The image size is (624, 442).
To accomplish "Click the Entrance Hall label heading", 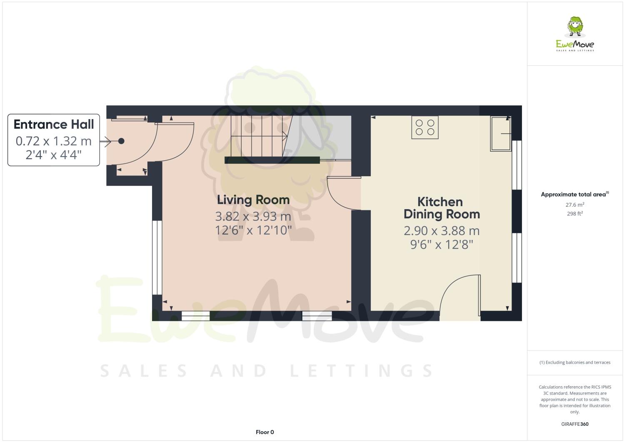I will (x=54, y=124).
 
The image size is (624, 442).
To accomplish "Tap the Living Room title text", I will (x=253, y=200).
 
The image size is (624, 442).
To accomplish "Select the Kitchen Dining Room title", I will (x=441, y=208).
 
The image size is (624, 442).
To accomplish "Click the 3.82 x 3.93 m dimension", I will (x=253, y=217).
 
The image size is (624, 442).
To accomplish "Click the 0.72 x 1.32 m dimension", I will (x=53, y=141).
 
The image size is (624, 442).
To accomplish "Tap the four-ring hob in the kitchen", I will (x=425, y=127).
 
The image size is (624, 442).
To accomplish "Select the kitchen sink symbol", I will (x=501, y=133).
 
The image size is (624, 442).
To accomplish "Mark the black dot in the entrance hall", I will (x=121, y=141).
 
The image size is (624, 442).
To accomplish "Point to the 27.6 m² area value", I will (x=575, y=205).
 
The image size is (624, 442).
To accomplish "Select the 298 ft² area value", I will (x=575, y=214).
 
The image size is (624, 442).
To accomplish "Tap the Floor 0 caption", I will (x=265, y=432).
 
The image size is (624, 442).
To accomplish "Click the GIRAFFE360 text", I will (x=575, y=424).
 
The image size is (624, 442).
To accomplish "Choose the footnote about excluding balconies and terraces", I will (x=575, y=362).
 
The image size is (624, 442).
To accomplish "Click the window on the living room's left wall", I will (x=157, y=257).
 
